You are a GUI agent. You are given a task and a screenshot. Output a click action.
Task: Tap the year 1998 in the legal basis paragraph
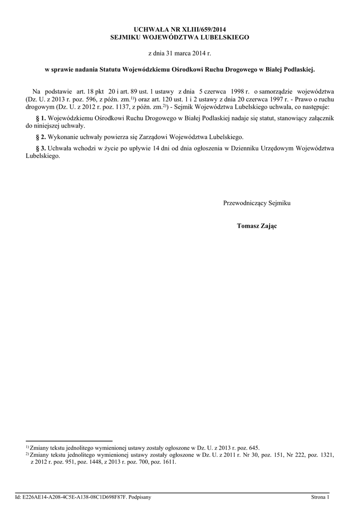232,91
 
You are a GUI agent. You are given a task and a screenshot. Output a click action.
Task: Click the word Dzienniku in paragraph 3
241,148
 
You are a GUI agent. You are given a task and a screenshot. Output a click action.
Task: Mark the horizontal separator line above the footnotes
69,441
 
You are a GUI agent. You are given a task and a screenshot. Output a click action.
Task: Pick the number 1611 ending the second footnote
168,461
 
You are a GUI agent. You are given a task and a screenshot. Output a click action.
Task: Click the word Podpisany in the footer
140,497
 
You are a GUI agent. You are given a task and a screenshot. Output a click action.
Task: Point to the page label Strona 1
320,497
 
